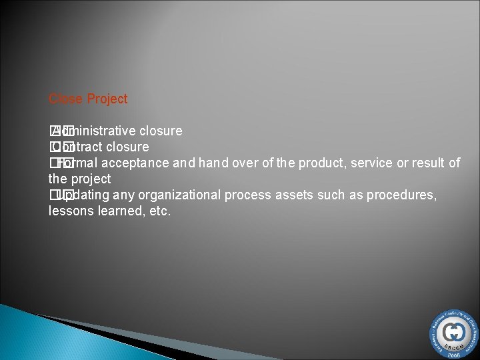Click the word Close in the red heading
[65, 99]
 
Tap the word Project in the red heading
[107, 99]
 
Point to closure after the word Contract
[127, 147]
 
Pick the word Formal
[75, 163]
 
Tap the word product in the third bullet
[320, 163]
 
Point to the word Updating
[83, 195]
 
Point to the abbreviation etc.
[159, 211]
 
